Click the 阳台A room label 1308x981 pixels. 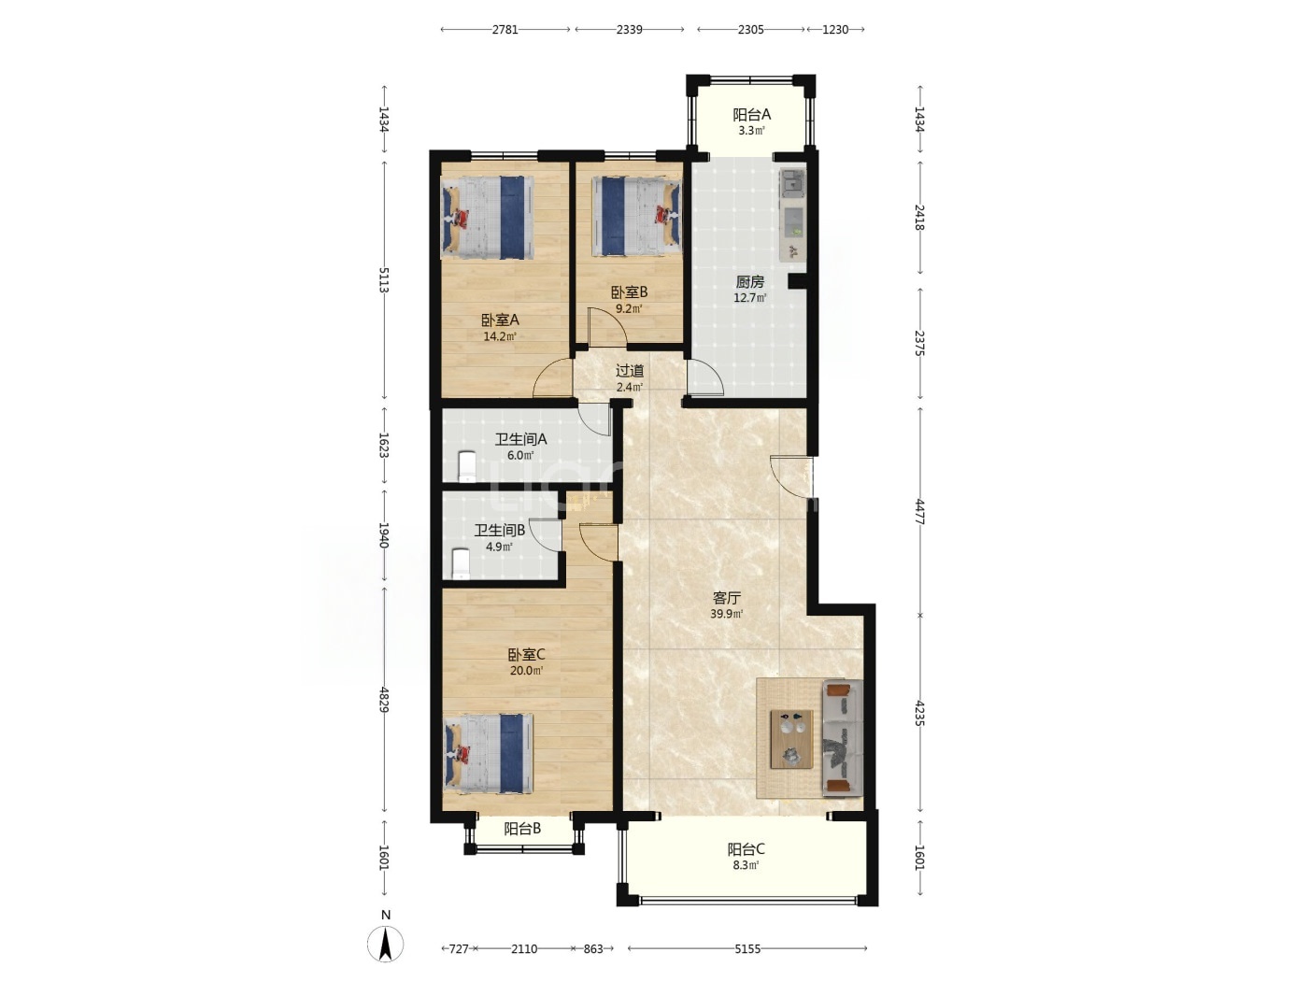click(x=751, y=114)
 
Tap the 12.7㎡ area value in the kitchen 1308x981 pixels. click(x=749, y=298)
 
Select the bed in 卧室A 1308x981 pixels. click(x=487, y=218)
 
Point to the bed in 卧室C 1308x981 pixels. click(x=488, y=754)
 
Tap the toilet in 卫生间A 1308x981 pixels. click(x=466, y=466)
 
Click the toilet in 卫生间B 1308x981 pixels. click(x=461, y=562)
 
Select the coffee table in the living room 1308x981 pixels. click(x=791, y=739)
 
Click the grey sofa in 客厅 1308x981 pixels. click(x=843, y=738)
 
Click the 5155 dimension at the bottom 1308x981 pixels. click(x=747, y=949)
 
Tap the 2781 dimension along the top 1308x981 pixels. click(x=505, y=29)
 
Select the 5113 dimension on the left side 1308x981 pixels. click(x=384, y=280)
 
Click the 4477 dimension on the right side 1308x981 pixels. click(x=919, y=512)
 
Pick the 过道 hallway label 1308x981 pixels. click(x=630, y=371)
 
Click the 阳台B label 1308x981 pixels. click(x=522, y=829)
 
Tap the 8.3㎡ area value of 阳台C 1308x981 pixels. click(x=746, y=865)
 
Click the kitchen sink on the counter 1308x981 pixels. click(x=792, y=180)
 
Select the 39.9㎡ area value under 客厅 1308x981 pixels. click(x=726, y=614)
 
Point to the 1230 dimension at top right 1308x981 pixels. click(x=835, y=29)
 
